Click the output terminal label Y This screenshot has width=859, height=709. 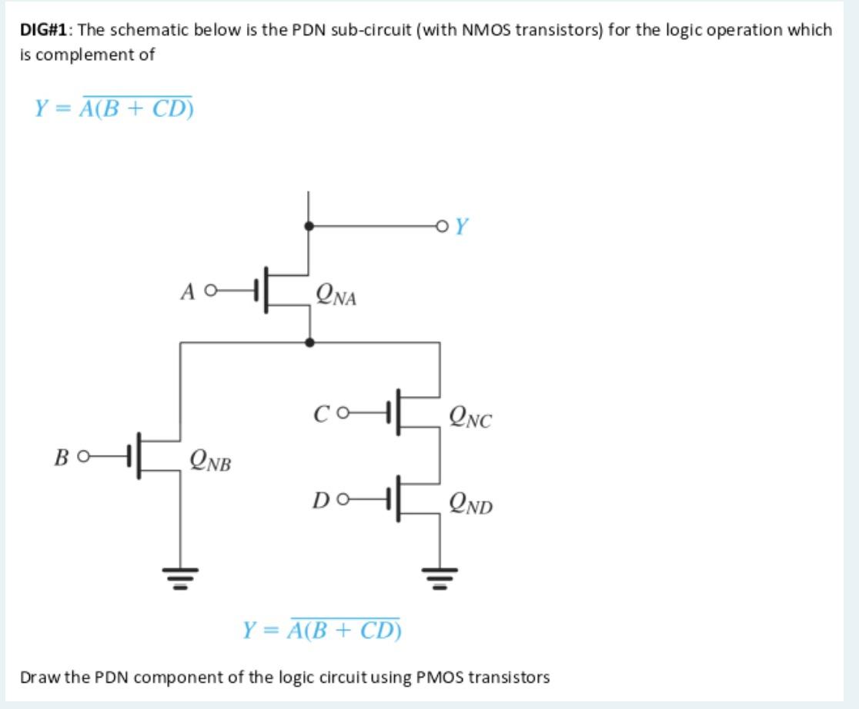click(462, 227)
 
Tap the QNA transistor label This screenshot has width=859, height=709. click(336, 295)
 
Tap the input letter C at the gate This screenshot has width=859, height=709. click(322, 416)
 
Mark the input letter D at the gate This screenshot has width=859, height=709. click(322, 502)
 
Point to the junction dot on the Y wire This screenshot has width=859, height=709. click(309, 226)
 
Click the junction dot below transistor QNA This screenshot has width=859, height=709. click(309, 341)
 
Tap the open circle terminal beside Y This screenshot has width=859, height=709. click(440, 226)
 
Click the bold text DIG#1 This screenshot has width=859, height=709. click(45, 30)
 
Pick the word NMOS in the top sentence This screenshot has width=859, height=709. click(483, 30)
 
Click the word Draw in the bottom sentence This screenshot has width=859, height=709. click(35, 677)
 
